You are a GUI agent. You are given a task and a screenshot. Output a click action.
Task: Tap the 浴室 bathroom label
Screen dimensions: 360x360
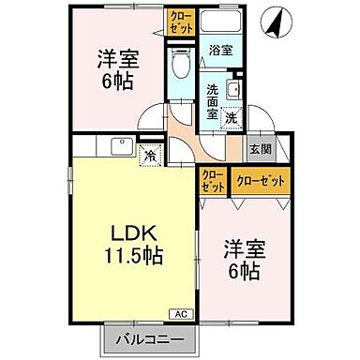click(x=221, y=51)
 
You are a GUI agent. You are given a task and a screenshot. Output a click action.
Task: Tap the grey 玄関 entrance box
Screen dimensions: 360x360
click(x=258, y=148)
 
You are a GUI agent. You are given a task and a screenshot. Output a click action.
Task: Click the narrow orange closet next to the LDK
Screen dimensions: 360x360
click(x=211, y=181)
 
